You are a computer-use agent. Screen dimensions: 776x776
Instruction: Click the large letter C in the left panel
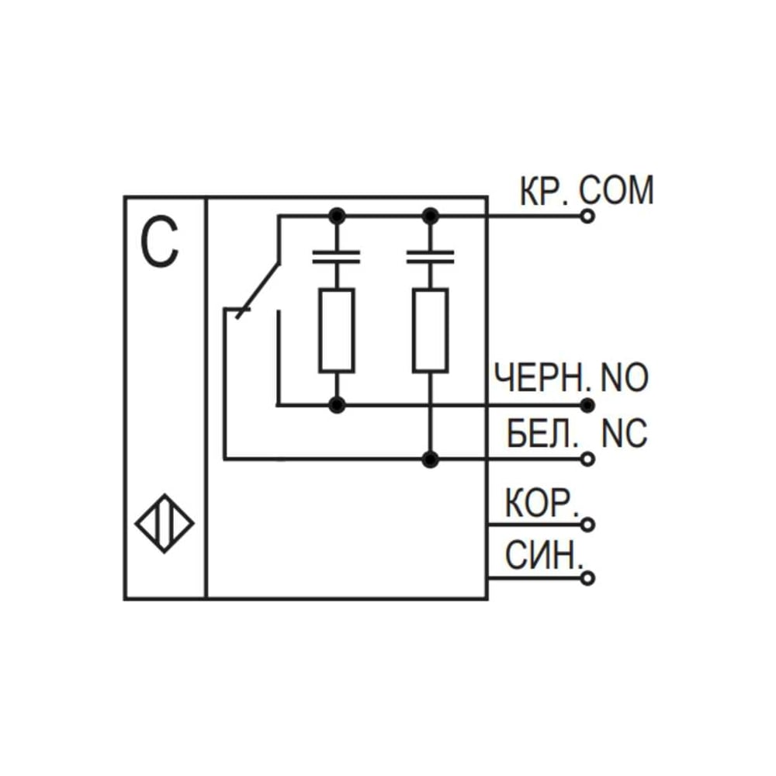[159, 243]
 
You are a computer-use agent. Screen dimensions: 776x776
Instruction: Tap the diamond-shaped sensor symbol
[165, 524]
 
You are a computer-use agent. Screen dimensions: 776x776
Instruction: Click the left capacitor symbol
[337, 257]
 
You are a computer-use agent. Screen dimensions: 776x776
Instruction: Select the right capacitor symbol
[430, 257]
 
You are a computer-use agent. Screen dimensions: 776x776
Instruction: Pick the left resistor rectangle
[337, 330]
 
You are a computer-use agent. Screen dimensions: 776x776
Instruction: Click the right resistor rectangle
[430, 330]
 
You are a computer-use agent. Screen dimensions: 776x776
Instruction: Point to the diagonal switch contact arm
[258, 290]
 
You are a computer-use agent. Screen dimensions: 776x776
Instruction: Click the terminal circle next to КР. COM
[587, 217]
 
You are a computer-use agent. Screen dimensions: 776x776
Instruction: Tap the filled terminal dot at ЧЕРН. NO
[587, 405]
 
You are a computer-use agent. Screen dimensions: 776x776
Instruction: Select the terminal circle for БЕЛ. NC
[587, 459]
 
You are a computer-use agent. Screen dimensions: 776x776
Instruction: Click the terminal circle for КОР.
[587, 524]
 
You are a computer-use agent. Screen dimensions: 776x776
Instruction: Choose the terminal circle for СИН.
[587, 577]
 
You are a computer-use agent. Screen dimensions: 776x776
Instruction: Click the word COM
[617, 191]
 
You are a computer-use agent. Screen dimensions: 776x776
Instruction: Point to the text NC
[624, 433]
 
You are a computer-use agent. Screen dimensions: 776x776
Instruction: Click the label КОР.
[542, 503]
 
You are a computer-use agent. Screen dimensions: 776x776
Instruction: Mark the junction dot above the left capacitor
[337, 217]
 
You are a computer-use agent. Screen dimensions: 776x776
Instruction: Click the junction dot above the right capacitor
[430, 217]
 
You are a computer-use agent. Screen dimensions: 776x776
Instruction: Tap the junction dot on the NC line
[430, 459]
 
